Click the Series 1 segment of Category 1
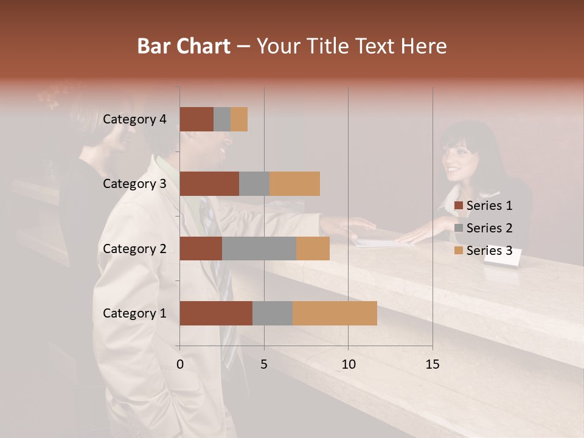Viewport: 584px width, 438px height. tap(216, 313)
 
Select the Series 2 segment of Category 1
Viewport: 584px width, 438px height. tap(273, 313)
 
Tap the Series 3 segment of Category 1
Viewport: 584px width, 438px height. tap(335, 313)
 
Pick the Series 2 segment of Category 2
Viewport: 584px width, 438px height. tap(259, 248)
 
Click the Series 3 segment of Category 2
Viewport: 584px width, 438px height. tap(313, 248)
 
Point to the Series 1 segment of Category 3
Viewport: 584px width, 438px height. tap(209, 184)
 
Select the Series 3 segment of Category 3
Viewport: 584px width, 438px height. tap(294, 184)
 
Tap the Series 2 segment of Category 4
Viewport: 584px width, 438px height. tap(222, 119)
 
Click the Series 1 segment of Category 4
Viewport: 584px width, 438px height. tap(196, 119)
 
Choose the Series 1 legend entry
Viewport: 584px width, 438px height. tap(483, 206)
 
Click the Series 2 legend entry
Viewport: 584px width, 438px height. tap(483, 228)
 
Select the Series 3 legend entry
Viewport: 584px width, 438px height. tap(483, 251)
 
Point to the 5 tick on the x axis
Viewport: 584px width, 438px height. tap(264, 364)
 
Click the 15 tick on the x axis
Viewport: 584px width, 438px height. tap(432, 364)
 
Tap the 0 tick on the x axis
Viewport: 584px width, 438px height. tap(180, 364)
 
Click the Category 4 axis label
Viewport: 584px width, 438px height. tap(134, 119)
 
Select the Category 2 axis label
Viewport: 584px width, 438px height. tap(134, 248)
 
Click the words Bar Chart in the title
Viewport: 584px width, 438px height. tap(183, 46)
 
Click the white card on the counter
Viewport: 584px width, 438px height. tap(502, 259)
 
